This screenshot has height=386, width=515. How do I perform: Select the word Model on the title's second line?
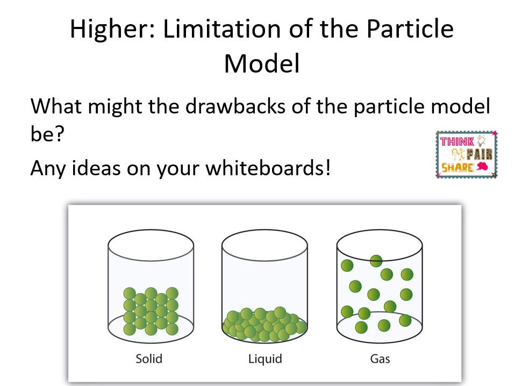pyautogui.click(x=261, y=63)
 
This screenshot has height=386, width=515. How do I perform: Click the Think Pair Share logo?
pyautogui.click(x=466, y=154)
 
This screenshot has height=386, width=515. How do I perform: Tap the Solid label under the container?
pyautogui.click(x=149, y=358)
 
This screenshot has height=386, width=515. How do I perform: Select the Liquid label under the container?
pyautogui.click(x=264, y=358)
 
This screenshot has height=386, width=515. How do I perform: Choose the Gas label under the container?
pyautogui.click(x=380, y=358)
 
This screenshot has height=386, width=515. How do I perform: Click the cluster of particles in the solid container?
pyautogui.click(x=151, y=311)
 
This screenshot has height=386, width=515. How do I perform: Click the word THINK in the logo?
pyautogui.click(x=457, y=141)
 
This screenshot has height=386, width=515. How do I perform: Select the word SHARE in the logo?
pyautogui.click(x=457, y=168)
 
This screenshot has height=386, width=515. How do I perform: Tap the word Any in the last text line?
pyautogui.click(x=49, y=168)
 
